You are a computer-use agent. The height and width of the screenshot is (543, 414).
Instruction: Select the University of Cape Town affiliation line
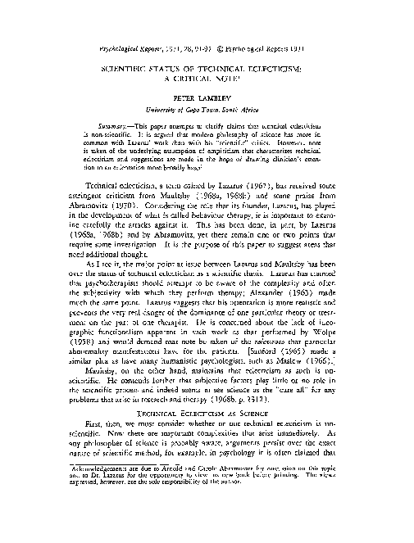tap(207, 107)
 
